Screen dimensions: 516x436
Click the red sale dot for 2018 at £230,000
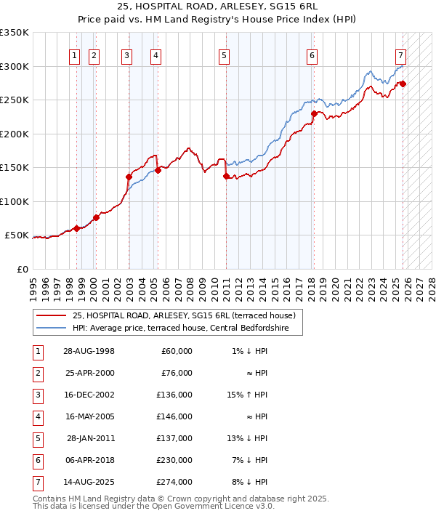(x=314, y=113)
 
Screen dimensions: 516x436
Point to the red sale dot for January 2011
(x=226, y=176)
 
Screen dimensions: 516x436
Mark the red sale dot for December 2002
(x=129, y=177)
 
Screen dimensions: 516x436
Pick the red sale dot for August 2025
(x=403, y=84)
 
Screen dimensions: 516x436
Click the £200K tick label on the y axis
(x=15, y=134)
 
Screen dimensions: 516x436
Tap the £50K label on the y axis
(x=17, y=235)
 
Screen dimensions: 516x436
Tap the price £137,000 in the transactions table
(x=177, y=439)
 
